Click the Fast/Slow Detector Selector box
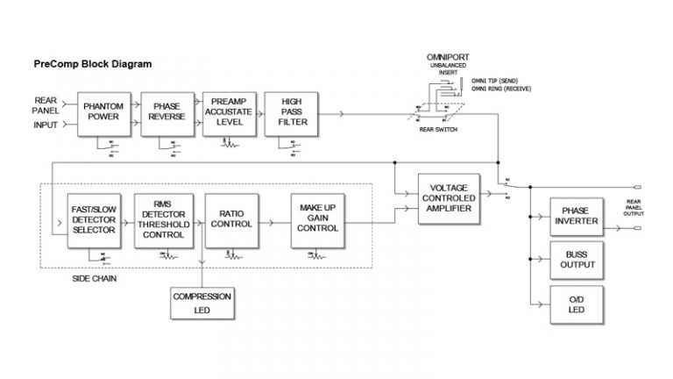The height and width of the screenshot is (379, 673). click(x=95, y=222)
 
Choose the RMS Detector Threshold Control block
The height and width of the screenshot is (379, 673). click(x=163, y=222)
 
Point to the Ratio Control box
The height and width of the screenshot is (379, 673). click(x=230, y=222)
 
